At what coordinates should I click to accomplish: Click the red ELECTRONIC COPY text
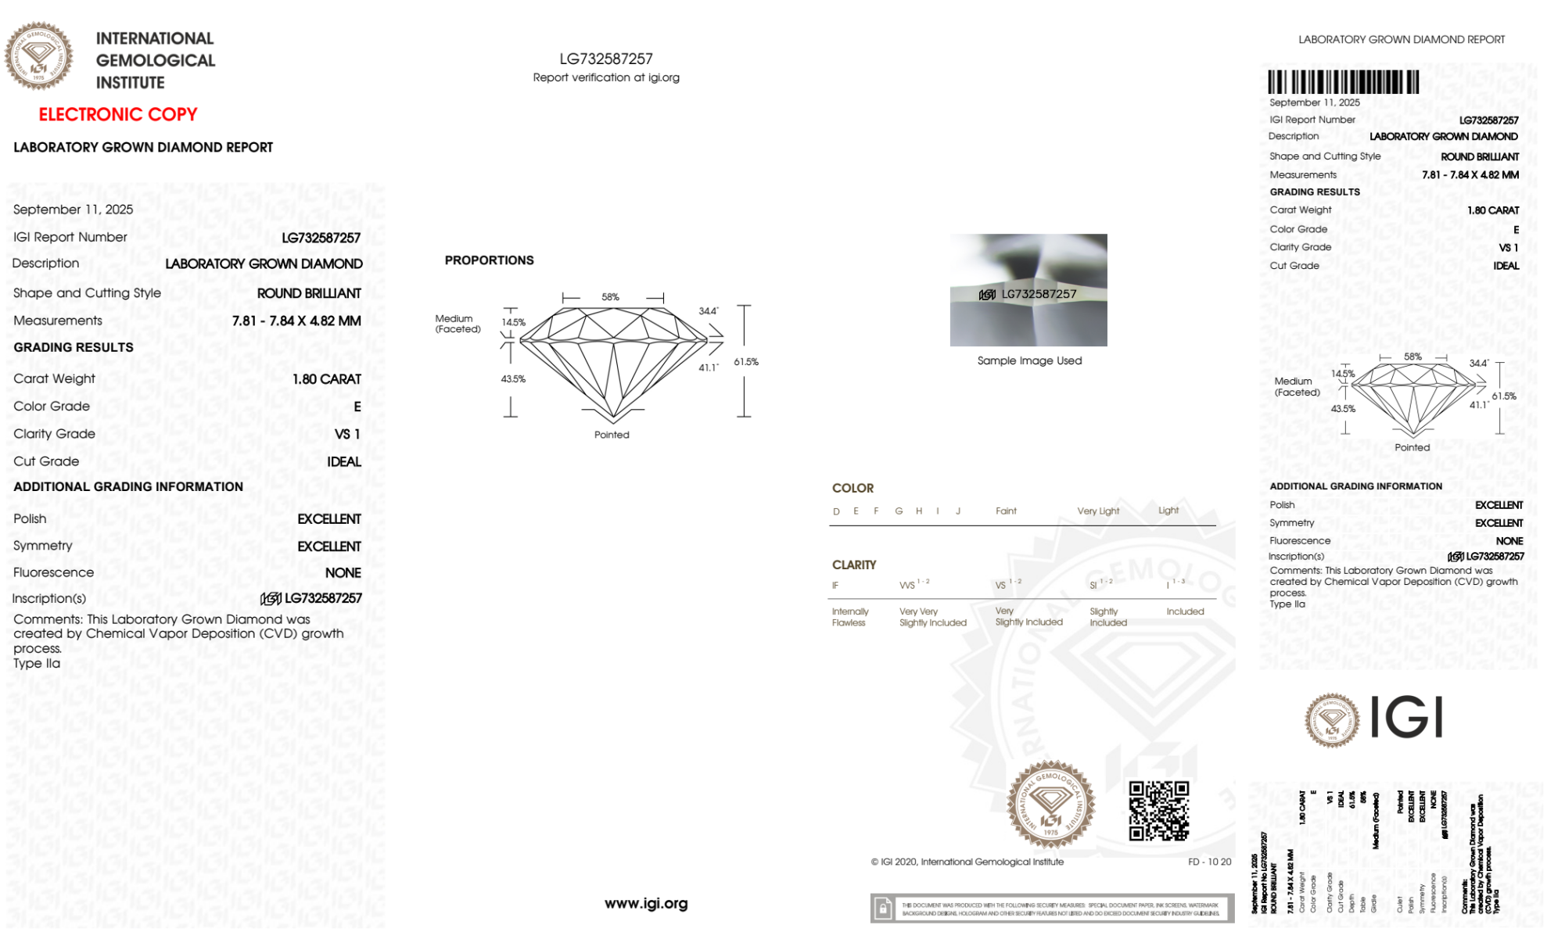tap(118, 115)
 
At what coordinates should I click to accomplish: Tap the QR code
tap(1158, 811)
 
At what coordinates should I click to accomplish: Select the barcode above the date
tap(1343, 82)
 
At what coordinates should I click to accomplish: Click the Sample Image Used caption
tap(1029, 360)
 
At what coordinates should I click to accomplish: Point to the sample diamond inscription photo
tap(1028, 290)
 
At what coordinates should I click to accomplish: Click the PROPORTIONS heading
tap(489, 260)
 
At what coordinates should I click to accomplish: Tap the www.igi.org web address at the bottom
tap(646, 904)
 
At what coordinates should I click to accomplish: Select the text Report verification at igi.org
tap(606, 77)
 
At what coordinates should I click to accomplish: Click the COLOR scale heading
tap(852, 488)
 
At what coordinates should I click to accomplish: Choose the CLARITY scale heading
tap(854, 565)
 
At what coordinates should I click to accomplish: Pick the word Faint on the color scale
tap(1006, 511)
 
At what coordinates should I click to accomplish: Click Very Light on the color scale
tap(1098, 511)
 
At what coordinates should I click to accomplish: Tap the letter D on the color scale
tap(836, 511)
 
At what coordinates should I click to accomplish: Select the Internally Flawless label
tap(849, 617)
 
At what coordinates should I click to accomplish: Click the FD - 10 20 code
tap(1209, 862)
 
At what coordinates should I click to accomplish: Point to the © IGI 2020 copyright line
tap(967, 862)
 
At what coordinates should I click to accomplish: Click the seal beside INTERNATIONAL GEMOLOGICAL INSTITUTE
tap(38, 56)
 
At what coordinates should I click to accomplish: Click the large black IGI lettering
tap(1407, 717)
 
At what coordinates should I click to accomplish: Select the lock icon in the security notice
tap(883, 909)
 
